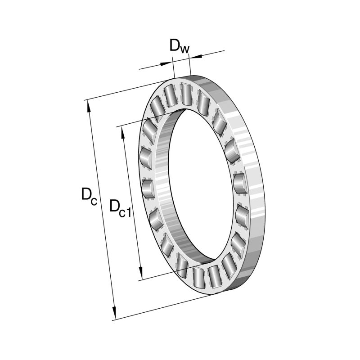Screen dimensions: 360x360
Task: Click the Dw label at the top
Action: coord(179,46)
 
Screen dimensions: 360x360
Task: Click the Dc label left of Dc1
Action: coord(89,196)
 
